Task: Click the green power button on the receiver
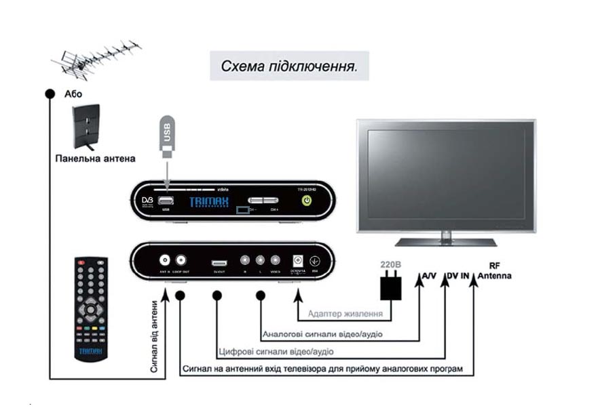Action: tap(307, 201)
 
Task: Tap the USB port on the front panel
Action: tap(165, 201)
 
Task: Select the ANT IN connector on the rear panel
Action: tap(164, 260)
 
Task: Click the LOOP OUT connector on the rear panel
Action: tap(181, 260)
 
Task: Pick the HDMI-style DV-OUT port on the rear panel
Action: tap(219, 261)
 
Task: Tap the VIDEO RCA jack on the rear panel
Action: tap(275, 260)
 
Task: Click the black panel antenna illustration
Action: tap(86, 127)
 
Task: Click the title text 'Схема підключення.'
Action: tap(289, 66)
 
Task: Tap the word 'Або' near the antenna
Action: tap(73, 94)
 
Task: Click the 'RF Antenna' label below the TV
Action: tap(495, 271)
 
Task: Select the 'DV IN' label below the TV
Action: tap(458, 276)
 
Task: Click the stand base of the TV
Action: tap(445, 241)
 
